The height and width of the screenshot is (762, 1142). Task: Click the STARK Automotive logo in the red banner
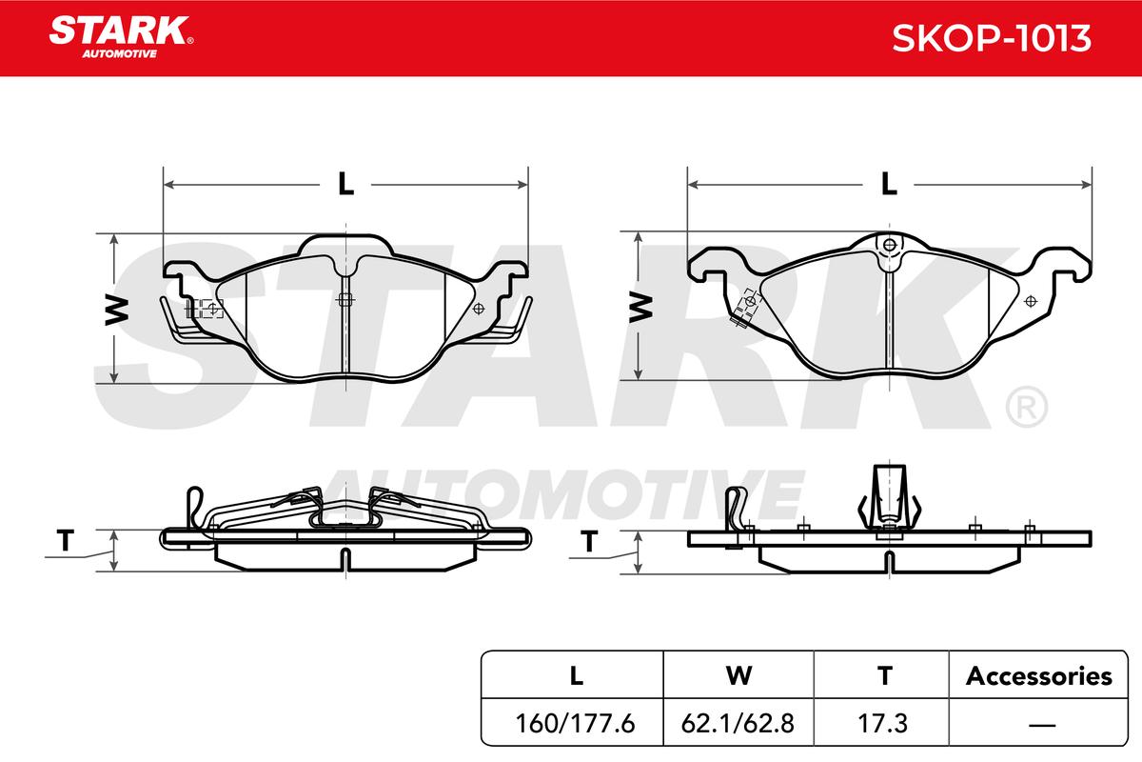[x=121, y=37]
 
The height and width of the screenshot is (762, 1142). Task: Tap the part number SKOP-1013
[x=992, y=38]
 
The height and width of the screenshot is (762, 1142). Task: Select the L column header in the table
[x=576, y=675]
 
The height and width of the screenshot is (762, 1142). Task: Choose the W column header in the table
[x=738, y=675]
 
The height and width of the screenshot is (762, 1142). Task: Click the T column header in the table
[x=884, y=675]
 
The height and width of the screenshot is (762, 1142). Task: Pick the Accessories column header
[x=1039, y=675]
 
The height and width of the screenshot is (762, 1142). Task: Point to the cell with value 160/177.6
[x=575, y=723]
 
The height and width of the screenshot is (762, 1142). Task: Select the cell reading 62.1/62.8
[x=738, y=723]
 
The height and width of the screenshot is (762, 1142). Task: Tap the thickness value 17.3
[x=882, y=723]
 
